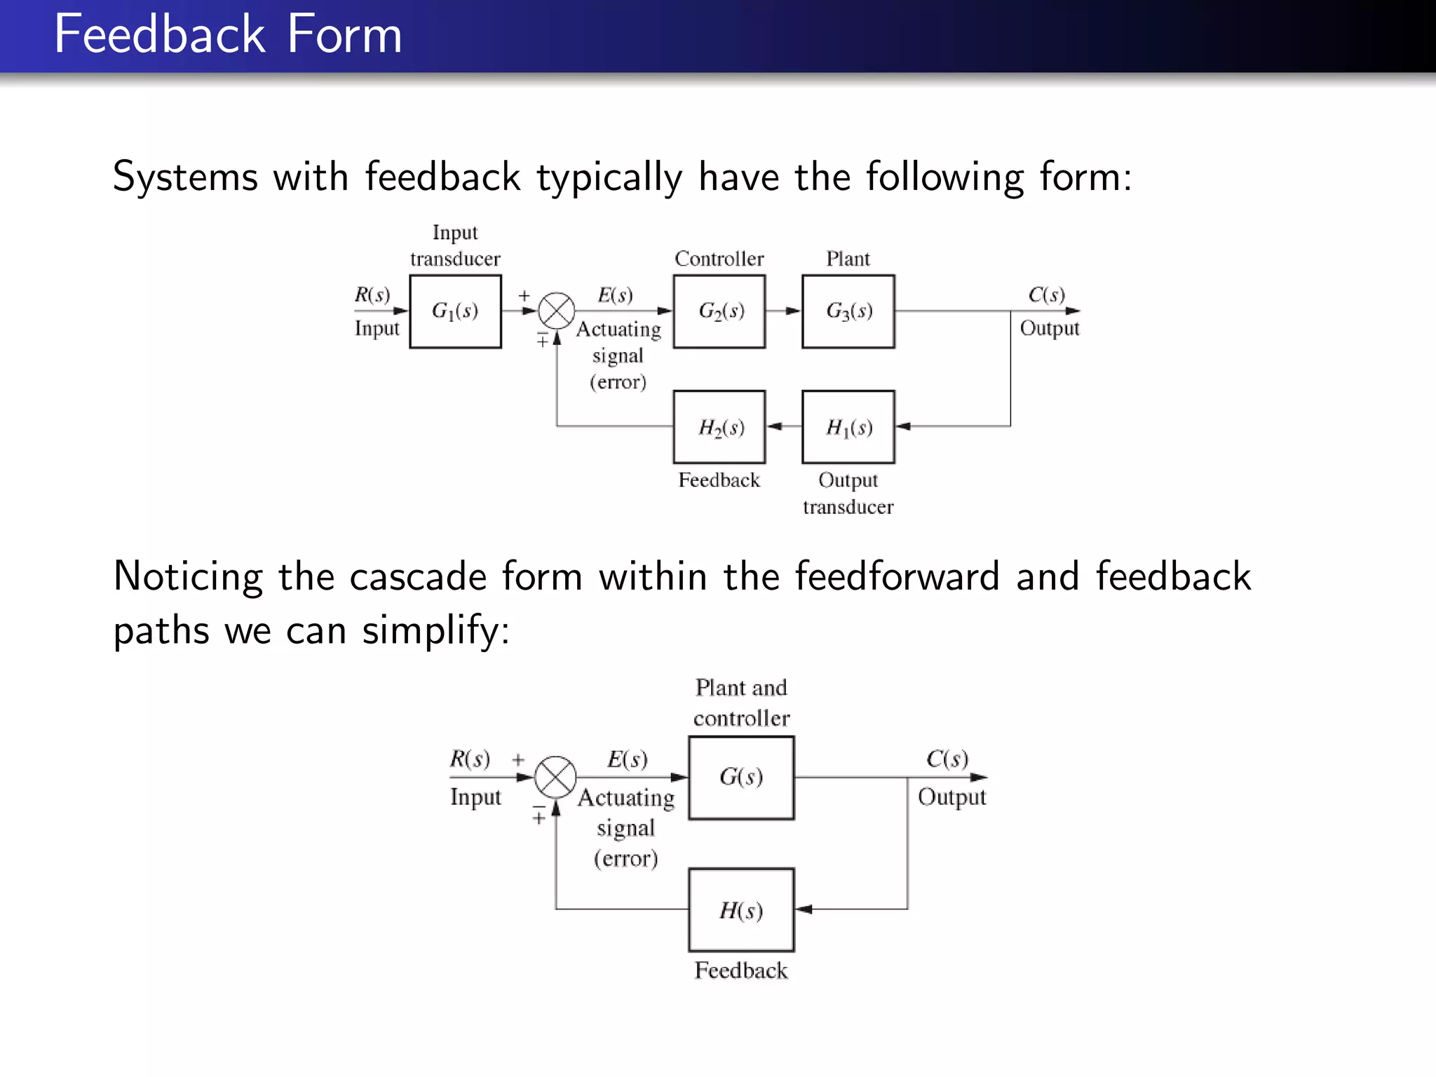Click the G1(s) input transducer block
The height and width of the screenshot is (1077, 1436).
point(455,311)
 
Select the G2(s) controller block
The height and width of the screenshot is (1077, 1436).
point(719,311)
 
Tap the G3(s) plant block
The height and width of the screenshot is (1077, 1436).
point(848,311)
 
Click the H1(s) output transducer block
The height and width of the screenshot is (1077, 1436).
point(848,427)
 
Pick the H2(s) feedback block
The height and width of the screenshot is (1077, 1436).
point(719,427)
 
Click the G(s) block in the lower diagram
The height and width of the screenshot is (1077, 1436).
point(741,778)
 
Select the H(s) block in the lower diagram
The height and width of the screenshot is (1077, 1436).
point(741,910)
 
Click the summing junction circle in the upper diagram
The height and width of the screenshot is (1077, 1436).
point(557,311)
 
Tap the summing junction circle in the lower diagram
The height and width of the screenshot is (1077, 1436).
point(555,777)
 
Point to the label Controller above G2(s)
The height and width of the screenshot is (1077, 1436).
point(719,259)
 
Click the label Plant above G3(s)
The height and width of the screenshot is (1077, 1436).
point(848,259)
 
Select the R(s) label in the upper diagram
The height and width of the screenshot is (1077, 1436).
point(372,294)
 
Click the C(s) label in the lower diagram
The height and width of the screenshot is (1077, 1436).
point(947,759)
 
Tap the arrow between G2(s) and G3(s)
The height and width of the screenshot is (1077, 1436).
point(784,311)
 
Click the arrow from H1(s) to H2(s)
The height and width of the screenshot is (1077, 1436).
point(784,426)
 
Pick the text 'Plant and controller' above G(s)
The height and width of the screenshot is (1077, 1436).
point(741,703)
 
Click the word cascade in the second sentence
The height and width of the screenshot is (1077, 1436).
point(418,576)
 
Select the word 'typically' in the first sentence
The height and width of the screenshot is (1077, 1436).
point(609,177)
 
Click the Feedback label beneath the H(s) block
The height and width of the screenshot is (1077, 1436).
point(741,970)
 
